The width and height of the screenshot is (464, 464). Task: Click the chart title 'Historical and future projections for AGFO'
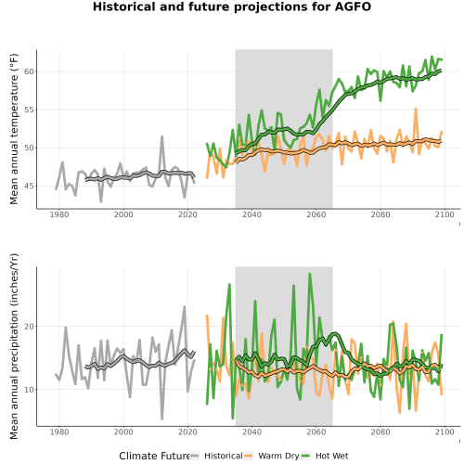click(232, 6)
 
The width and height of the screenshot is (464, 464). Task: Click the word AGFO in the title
click(353, 6)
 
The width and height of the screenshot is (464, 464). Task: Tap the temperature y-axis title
click(14, 129)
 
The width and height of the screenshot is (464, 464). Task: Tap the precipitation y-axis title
click(14, 346)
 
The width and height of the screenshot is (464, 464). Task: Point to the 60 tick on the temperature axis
click(29, 71)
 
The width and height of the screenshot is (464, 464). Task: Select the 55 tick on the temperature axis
click(29, 110)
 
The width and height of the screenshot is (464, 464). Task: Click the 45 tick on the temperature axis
click(29, 187)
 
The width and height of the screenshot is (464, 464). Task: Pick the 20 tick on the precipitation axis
click(29, 327)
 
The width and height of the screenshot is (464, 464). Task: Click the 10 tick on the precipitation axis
click(29, 390)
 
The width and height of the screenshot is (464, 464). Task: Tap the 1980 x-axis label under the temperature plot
click(59, 214)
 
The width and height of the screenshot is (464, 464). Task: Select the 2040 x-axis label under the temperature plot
click(251, 214)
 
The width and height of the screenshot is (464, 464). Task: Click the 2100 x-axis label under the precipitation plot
click(445, 432)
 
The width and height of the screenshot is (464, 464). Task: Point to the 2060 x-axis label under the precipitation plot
click(316, 432)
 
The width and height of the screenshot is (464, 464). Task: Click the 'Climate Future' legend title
click(154, 456)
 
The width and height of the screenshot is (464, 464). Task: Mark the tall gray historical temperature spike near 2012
click(161, 136)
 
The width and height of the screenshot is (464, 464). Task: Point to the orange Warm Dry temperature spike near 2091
click(416, 109)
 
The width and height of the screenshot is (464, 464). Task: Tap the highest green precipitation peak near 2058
click(310, 274)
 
